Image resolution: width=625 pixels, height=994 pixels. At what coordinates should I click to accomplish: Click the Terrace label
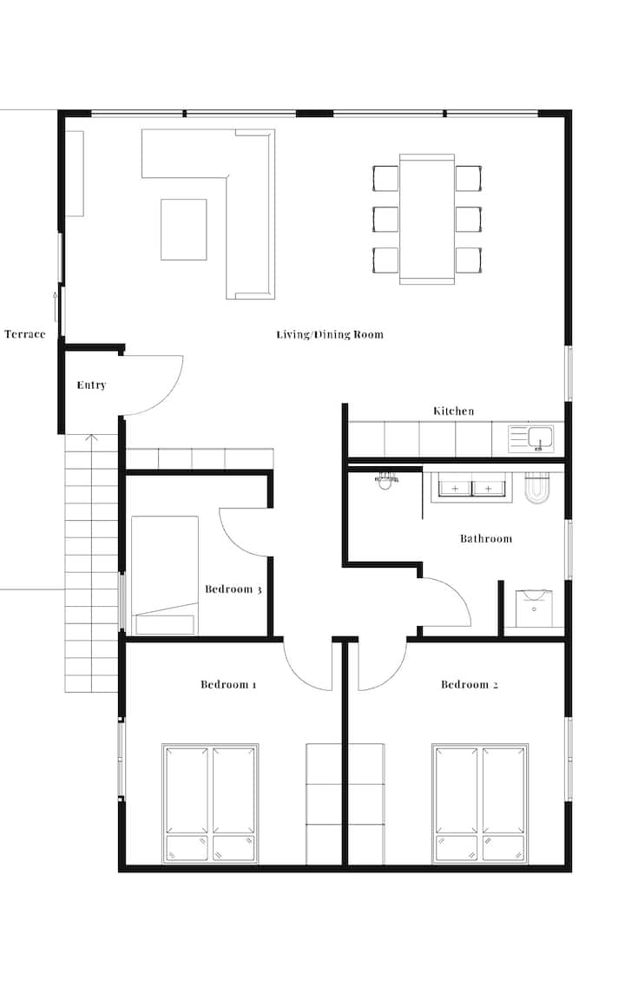click(x=24, y=334)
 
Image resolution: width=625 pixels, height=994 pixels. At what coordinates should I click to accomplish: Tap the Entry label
click(x=91, y=385)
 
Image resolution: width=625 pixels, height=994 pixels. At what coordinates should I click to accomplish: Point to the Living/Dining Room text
click(x=330, y=334)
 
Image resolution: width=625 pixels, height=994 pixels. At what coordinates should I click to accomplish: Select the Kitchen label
click(x=453, y=411)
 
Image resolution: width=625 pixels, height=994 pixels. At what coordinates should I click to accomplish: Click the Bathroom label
click(x=485, y=538)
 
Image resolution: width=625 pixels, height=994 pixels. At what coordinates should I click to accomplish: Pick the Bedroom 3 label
click(x=233, y=589)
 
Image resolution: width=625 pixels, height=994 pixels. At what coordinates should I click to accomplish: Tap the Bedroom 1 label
click(x=228, y=684)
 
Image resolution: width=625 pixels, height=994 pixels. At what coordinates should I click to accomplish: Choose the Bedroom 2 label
click(x=469, y=684)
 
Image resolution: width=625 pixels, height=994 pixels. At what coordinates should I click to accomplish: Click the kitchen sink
click(x=531, y=438)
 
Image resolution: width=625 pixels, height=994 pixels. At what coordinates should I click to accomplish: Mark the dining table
click(x=426, y=219)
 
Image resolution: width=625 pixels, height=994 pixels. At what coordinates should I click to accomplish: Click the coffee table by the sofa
click(x=183, y=229)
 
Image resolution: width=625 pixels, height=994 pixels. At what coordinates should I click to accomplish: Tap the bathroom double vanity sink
click(x=471, y=487)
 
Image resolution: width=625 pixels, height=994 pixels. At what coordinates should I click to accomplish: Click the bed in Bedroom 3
click(x=165, y=575)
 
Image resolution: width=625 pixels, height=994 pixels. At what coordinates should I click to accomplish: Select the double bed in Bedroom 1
click(x=210, y=804)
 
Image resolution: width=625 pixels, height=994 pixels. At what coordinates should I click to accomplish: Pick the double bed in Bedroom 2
click(x=480, y=804)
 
